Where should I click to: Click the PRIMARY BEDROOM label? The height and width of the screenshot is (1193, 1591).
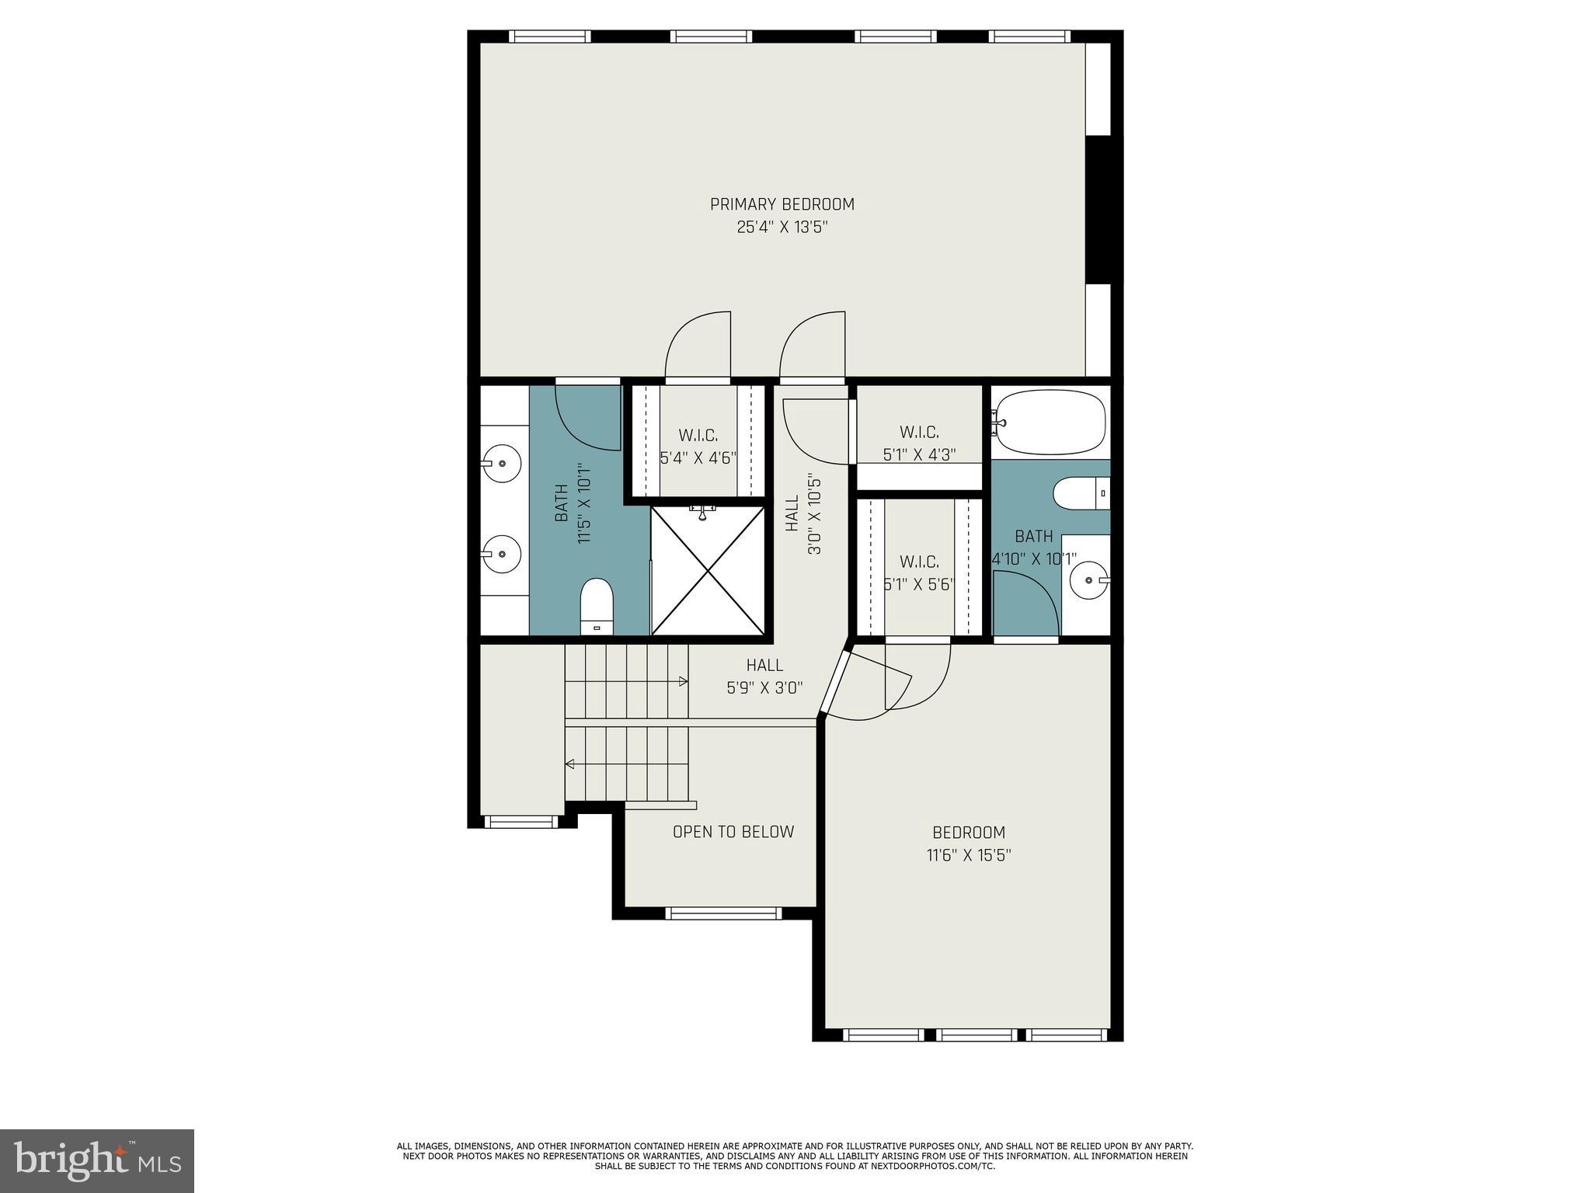coord(782,204)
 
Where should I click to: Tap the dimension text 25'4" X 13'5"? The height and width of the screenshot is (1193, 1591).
coord(782,228)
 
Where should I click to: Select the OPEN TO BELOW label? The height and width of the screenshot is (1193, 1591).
coord(733,832)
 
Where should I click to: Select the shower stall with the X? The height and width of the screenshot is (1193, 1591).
coord(708,570)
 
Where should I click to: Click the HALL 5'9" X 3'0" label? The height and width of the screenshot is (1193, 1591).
coord(764,676)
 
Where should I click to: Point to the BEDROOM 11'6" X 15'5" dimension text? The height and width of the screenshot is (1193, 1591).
coord(968,856)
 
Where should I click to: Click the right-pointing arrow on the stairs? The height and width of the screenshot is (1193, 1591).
coord(683,681)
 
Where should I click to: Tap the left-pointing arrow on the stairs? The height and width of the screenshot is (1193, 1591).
coord(570,764)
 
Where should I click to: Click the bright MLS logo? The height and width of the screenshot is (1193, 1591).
coord(96,1160)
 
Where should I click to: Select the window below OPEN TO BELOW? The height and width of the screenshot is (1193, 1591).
coord(722,913)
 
